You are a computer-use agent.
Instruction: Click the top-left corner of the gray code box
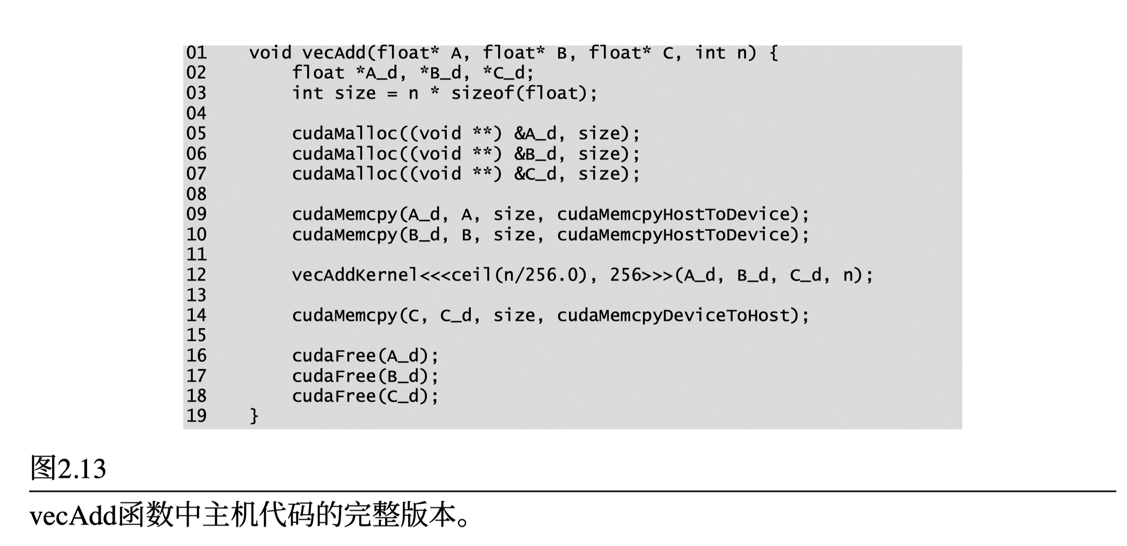[x=183, y=45]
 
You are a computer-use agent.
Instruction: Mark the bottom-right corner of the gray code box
[x=962, y=429]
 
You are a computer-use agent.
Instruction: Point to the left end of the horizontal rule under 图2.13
[x=29, y=491]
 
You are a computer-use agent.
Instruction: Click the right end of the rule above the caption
[x=1116, y=491]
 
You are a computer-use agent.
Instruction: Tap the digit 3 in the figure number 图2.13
[x=98, y=469]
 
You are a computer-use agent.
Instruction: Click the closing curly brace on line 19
[x=254, y=416]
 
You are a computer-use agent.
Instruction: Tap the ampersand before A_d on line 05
[x=519, y=133]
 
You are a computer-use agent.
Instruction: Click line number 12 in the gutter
[x=196, y=275]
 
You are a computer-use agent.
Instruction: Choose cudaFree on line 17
[x=334, y=376]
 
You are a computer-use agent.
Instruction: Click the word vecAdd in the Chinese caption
[x=73, y=517]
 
